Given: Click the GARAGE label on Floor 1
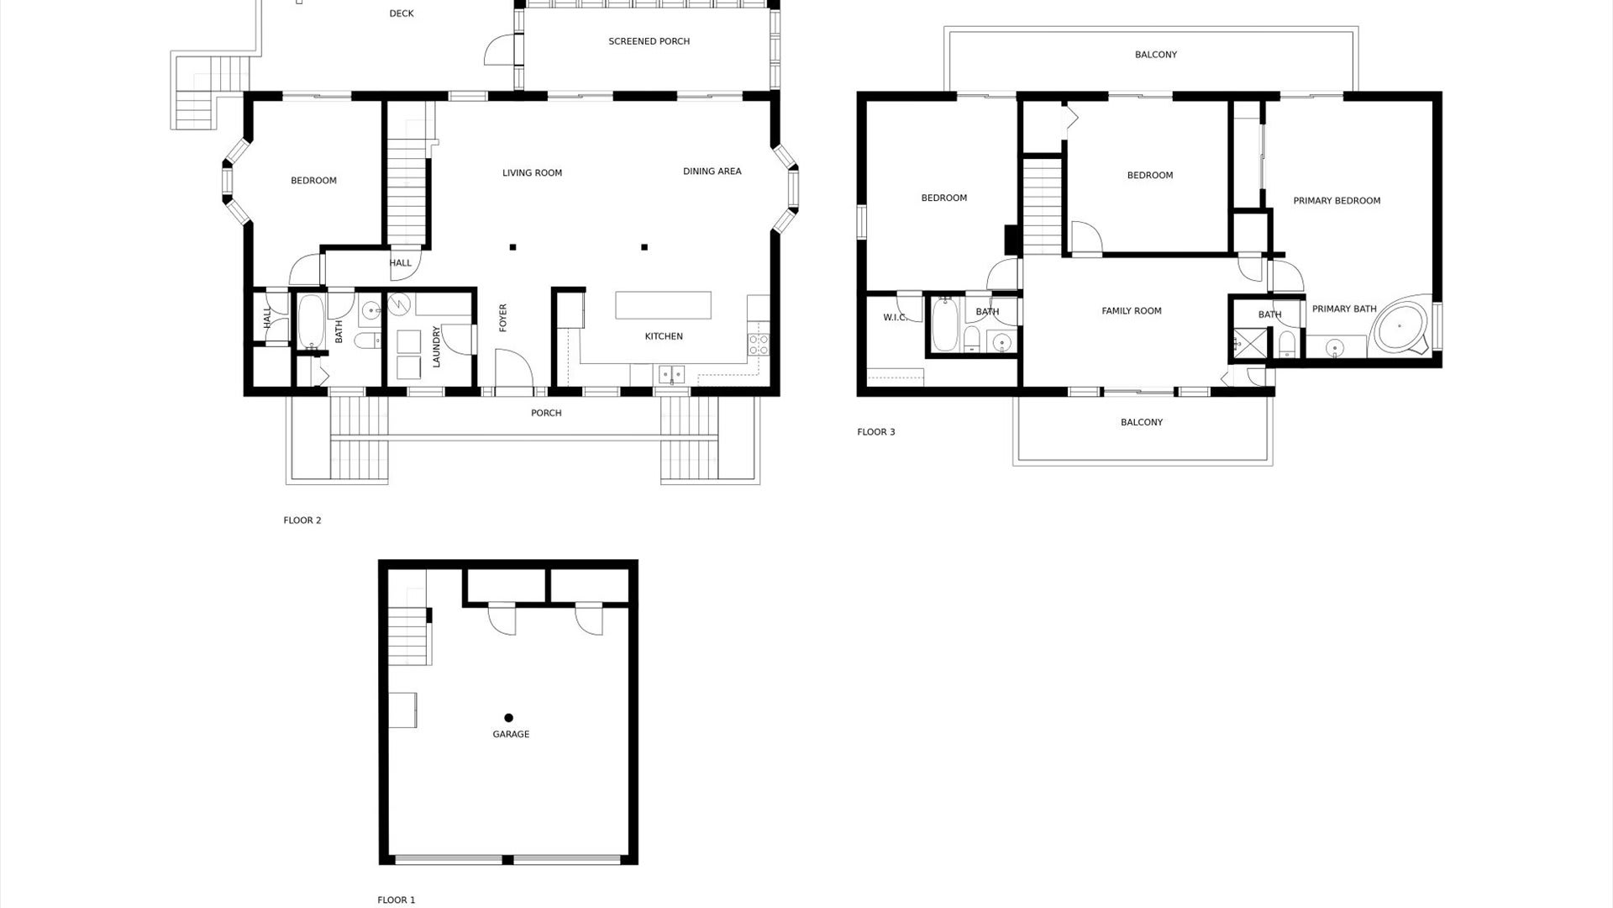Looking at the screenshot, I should click(511, 734).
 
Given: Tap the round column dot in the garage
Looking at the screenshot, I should click(508, 718).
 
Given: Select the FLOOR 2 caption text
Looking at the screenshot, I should click(302, 520).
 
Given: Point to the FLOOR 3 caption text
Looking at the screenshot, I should click(876, 432).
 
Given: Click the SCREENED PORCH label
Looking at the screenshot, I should click(649, 41).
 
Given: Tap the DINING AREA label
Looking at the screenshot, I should click(712, 172).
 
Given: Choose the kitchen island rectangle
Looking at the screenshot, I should click(663, 304).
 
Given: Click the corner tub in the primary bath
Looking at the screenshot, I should click(1401, 327).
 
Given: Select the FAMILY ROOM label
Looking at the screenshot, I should click(1131, 311).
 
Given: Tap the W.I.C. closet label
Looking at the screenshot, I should click(896, 318).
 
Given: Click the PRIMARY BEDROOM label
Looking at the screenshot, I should click(1336, 201).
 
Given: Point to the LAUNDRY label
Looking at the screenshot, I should click(436, 346).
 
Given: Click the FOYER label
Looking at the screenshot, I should click(503, 318).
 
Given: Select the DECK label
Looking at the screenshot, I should click(402, 13).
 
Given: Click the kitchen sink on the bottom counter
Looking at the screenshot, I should click(670, 373).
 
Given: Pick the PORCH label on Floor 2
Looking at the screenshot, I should click(546, 413).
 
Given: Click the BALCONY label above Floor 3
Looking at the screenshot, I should click(1155, 55).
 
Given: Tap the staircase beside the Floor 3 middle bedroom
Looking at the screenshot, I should click(1043, 207).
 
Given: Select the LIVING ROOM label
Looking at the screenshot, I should click(532, 173).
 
